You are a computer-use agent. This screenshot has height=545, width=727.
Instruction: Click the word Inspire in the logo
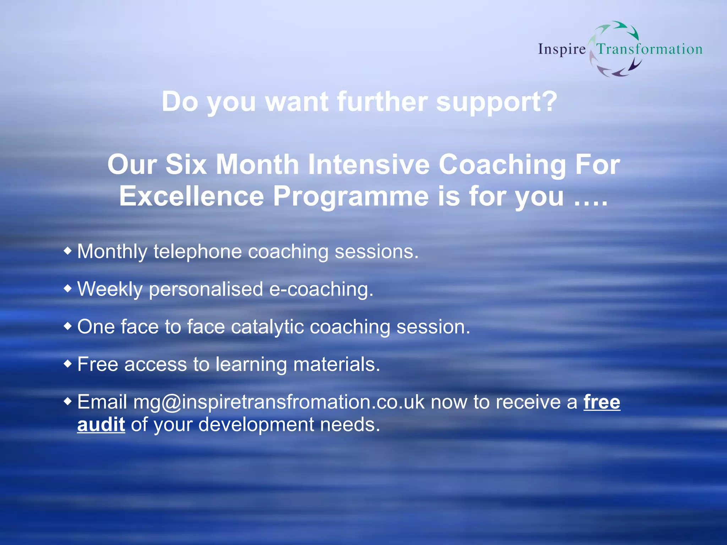(x=562, y=49)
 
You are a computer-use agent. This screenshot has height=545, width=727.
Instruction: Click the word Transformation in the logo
(x=649, y=49)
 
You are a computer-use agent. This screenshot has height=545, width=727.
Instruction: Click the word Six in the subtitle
(x=186, y=165)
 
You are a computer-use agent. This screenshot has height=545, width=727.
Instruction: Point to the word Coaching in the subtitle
(x=502, y=165)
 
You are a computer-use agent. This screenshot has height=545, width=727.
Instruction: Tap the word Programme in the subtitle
(x=351, y=197)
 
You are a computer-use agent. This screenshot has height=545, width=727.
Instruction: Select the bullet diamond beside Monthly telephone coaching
(x=67, y=251)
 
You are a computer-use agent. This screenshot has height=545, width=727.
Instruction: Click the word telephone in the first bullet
(x=197, y=252)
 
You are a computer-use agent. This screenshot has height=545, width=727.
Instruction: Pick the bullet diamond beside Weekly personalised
(x=67, y=288)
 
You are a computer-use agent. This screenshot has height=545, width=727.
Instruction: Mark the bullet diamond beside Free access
(x=67, y=364)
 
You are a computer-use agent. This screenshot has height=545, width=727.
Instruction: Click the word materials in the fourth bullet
(x=337, y=364)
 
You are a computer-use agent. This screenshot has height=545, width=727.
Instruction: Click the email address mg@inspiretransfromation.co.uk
(x=279, y=402)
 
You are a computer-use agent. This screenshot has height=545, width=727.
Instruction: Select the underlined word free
(x=602, y=402)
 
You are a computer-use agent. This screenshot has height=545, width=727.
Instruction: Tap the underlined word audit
(x=101, y=425)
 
